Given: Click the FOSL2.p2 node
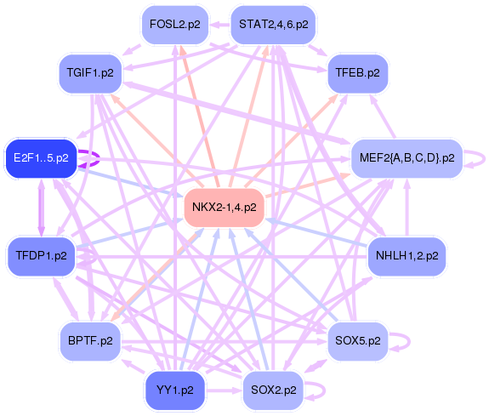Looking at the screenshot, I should [174, 25].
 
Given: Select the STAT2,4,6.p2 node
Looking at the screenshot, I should [273, 25].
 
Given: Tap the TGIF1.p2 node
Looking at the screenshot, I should [89, 72].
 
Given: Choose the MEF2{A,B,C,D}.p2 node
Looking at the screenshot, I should [407, 157].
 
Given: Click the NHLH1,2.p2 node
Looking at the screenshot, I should [407, 254].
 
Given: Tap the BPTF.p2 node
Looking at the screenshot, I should [89, 341].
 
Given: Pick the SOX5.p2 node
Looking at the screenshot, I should [358, 341].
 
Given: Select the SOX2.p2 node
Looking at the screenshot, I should [273, 390].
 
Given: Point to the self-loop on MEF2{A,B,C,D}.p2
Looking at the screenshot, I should [481, 158].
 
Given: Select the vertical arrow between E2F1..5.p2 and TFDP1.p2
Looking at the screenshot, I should [41, 207].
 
